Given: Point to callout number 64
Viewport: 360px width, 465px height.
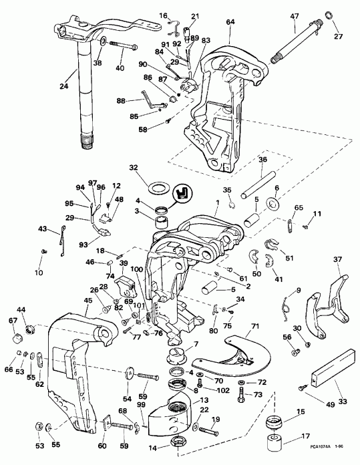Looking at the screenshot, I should point(230,22).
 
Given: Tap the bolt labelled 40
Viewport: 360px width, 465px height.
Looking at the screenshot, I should point(123,47).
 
